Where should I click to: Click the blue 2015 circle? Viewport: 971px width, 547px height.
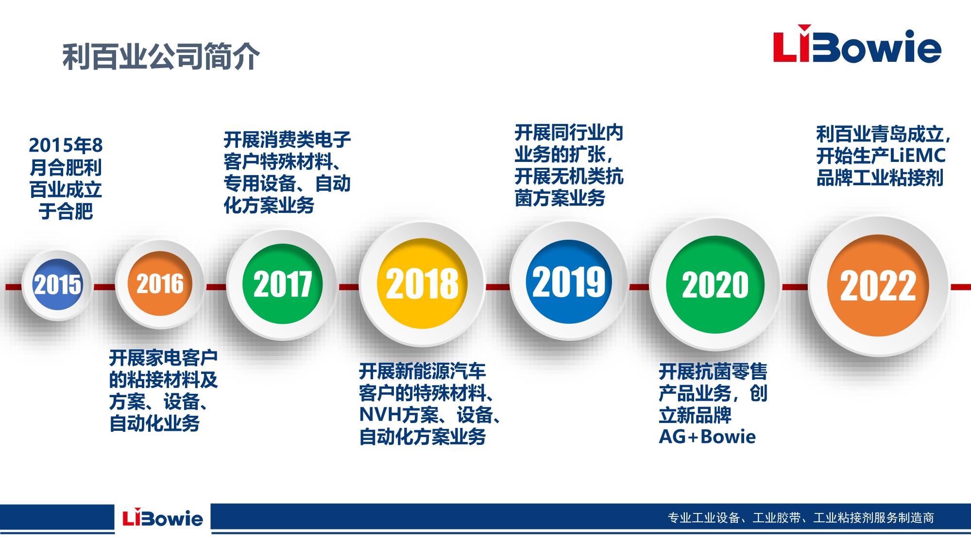tap(57, 284)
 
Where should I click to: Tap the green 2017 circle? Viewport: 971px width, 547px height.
tap(282, 284)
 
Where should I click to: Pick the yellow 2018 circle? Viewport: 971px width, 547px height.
tap(422, 284)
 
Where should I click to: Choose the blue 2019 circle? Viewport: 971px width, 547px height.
tap(569, 282)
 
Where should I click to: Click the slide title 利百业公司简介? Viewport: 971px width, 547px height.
tap(161, 56)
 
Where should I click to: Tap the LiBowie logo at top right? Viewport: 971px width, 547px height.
tap(857, 47)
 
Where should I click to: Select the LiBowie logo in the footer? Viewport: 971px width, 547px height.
tap(163, 517)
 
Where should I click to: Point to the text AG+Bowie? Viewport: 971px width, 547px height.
tap(707, 437)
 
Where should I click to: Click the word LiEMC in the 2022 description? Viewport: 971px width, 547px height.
tap(918, 156)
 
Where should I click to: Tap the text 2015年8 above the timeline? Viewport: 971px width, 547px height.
tap(66, 145)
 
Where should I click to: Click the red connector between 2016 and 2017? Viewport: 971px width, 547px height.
tap(216, 287)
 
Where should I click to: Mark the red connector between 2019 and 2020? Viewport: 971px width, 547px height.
tap(639, 287)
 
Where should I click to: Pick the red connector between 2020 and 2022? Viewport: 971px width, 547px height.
tap(795, 287)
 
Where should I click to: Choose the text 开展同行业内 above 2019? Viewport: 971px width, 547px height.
tap(569, 133)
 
